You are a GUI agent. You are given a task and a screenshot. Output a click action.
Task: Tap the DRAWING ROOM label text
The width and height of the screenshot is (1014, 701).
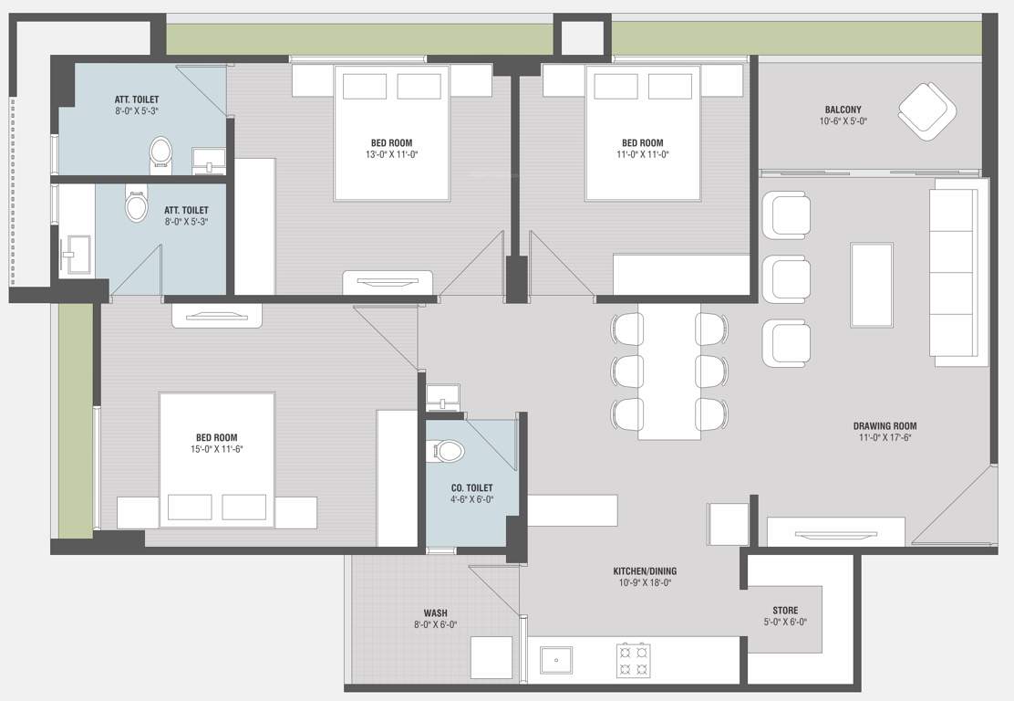click(885, 425)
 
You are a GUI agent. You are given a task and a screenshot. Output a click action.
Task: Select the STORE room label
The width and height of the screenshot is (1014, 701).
click(784, 611)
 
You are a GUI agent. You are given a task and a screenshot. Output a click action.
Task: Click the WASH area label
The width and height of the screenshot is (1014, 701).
click(435, 613)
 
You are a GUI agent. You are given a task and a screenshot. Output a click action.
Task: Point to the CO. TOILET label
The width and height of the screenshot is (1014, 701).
click(471, 488)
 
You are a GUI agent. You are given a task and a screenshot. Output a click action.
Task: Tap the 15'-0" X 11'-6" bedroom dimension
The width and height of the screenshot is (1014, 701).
click(216, 449)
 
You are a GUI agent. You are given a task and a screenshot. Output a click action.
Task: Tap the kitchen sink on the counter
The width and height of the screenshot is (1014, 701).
click(554, 659)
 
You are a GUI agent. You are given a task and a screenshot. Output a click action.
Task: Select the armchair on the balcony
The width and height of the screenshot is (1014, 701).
click(926, 111)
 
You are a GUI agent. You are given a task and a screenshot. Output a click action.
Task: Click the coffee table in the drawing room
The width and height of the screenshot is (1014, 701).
click(871, 284)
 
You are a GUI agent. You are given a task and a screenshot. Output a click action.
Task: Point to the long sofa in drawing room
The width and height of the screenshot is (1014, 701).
click(957, 272)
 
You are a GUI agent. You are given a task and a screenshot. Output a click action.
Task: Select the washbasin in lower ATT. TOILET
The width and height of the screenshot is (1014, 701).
click(76, 254)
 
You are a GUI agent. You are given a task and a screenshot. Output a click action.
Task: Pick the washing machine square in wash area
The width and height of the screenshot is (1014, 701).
click(491, 658)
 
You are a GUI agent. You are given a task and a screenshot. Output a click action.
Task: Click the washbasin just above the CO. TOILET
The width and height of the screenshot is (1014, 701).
click(444, 399)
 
